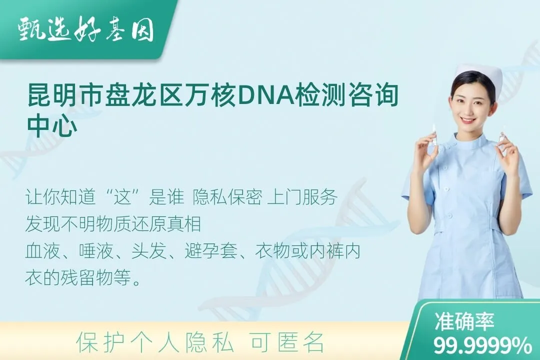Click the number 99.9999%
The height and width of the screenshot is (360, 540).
click(x=482, y=345)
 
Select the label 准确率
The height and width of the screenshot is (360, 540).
click(x=464, y=321)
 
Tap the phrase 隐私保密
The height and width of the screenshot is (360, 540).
click(x=227, y=197)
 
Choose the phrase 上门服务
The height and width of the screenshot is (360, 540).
click(x=302, y=197)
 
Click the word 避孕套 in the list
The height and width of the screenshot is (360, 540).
click(x=211, y=251)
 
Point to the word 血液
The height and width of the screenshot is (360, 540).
click(x=42, y=251)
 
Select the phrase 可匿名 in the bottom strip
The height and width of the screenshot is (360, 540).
click(x=287, y=342)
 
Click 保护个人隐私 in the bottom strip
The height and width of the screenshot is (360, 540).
click(x=155, y=342)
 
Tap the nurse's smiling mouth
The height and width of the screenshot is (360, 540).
click(x=469, y=120)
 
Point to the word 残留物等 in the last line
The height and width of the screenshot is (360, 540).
click(x=96, y=277)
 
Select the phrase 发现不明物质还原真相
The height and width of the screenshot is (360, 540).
click(x=113, y=224)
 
